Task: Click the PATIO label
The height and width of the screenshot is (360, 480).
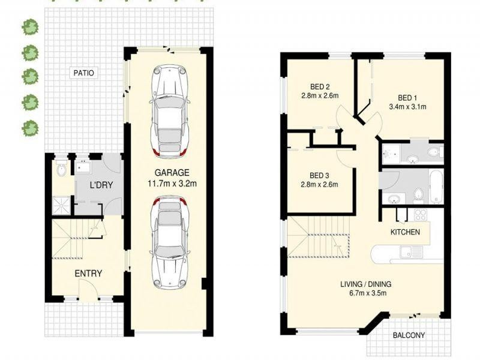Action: tap(83, 73)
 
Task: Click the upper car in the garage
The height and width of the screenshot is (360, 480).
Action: tap(170, 108)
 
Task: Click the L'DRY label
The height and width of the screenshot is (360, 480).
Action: tap(102, 186)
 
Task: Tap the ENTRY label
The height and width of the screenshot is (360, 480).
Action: tap(88, 274)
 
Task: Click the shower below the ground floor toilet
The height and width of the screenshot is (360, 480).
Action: tap(62, 203)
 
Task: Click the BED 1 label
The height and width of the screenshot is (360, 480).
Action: tap(407, 98)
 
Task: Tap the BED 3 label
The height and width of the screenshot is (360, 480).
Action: tap(319, 175)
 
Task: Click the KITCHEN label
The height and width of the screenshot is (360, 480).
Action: tap(405, 232)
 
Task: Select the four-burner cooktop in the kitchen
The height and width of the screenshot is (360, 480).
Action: tap(419, 215)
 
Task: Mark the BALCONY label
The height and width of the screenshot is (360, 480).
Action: tap(409, 335)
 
